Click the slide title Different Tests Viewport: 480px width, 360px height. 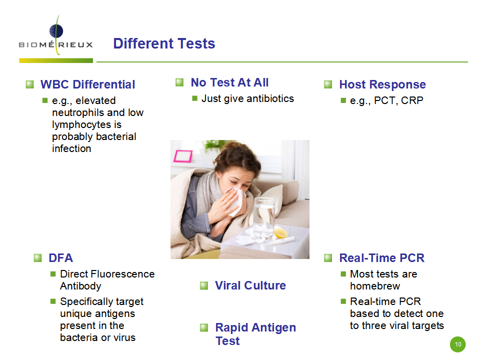tap(164, 43)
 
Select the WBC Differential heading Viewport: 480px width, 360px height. tap(88, 84)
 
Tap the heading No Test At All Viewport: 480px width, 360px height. tap(229, 82)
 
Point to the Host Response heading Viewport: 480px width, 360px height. tap(382, 84)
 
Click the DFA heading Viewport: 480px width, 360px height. tap(61, 258)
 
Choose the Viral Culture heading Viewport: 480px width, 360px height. tap(250, 285)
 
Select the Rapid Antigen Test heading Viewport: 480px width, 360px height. tap(255, 334)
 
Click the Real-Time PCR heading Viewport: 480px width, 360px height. tap(381, 258)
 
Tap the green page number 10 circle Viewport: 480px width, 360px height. tap(457, 344)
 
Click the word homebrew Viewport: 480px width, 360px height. tap(375, 286)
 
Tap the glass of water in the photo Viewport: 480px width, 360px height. tap(264, 217)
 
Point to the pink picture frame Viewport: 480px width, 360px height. tap(183, 156)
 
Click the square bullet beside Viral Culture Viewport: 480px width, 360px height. tap(204, 285)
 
